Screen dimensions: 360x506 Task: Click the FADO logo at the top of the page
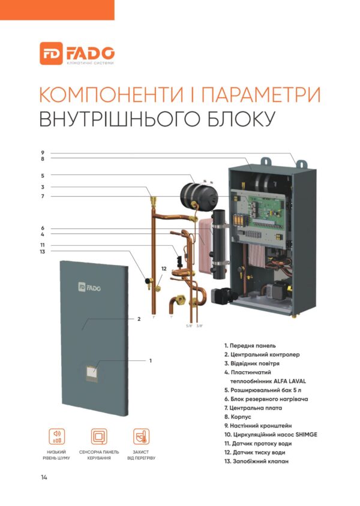pos(77,53)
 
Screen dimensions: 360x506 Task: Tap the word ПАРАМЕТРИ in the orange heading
pos(261,95)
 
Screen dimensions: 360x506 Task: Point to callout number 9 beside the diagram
pos(43,153)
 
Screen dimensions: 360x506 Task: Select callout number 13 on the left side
pos(43,252)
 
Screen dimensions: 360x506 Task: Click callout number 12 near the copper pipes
pos(164,269)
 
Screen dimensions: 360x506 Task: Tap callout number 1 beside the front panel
pos(151,361)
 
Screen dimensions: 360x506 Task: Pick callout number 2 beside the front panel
pos(139,319)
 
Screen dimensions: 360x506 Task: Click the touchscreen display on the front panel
pos(92,374)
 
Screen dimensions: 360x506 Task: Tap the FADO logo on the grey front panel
pos(89,287)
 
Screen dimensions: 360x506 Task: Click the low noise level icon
pos(56,436)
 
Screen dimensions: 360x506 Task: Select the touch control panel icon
pos(99,436)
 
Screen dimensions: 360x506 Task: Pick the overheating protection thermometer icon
pos(141,436)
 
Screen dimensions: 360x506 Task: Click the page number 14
pos(44,477)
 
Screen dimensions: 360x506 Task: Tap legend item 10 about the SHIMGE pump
pos(271,435)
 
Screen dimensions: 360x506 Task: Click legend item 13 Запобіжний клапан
pos(256,462)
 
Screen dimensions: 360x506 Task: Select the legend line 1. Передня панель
pos(250,345)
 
